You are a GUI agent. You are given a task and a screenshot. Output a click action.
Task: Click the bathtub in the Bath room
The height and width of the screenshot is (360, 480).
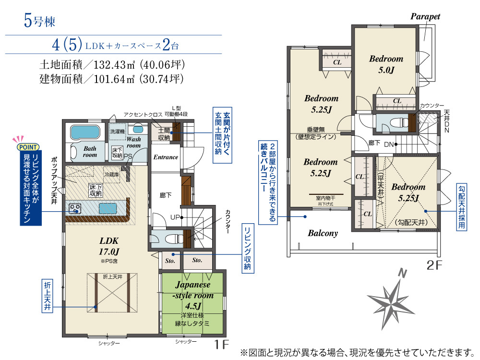(x=85, y=132)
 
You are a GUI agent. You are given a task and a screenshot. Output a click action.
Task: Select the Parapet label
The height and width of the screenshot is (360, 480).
(x=425, y=16)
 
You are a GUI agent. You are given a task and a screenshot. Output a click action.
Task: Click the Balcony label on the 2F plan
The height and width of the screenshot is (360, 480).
(x=323, y=233)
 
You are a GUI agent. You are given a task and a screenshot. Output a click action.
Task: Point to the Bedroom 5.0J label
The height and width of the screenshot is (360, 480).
(x=386, y=64)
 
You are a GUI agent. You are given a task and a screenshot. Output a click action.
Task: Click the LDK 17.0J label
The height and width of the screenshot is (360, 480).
(x=108, y=246)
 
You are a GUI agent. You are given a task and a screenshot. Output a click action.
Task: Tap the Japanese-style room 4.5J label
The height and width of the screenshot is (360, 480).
(x=193, y=295)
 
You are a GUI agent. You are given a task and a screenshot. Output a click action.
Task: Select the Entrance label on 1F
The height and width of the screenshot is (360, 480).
(x=166, y=157)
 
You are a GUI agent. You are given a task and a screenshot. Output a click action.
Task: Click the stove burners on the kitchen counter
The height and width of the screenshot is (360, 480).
(x=75, y=208)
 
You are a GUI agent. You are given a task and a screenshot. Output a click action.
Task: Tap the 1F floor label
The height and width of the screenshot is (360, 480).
(x=222, y=345)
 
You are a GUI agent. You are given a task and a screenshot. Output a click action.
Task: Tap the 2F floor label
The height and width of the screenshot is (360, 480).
(x=434, y=265)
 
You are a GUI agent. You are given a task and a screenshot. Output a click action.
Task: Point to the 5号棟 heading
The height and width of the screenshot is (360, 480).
(x=39, y=22)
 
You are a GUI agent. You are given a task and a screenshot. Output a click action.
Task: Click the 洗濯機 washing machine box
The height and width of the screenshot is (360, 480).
(x=117, y=132)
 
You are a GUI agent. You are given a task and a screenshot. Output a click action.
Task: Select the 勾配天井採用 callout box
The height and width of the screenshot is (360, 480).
(x=461, y=206)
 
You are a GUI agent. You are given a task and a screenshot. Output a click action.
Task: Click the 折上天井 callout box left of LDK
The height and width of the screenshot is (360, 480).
(x=47, y=296)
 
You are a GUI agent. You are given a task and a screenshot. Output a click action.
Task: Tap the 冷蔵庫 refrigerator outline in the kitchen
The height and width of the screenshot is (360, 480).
(x=112, y=175)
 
